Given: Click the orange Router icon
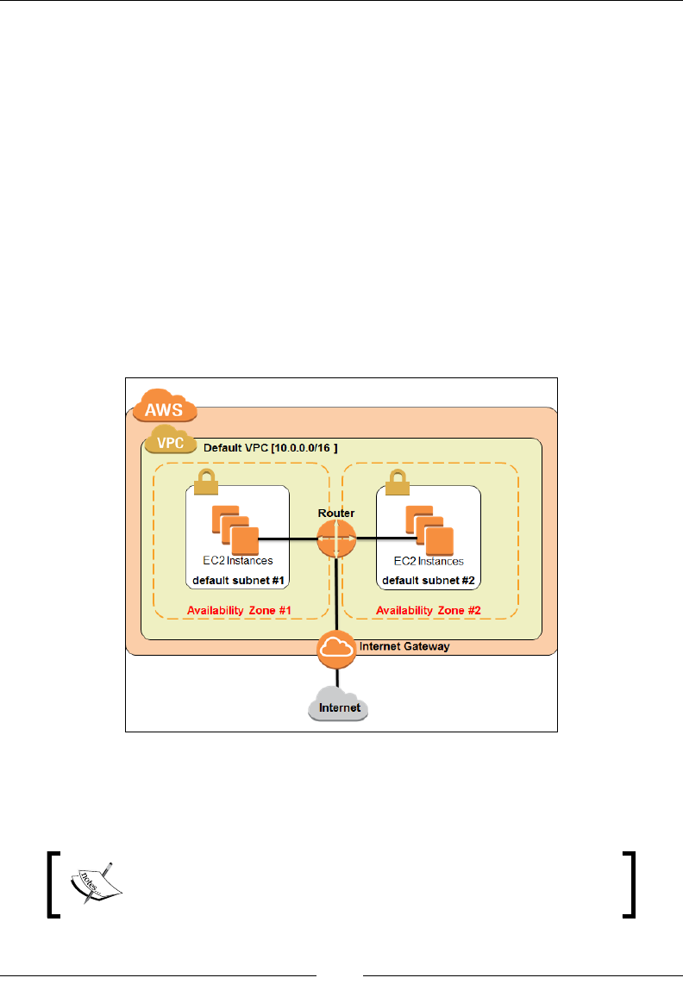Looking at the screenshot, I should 335,540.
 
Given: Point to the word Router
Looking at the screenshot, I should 335,513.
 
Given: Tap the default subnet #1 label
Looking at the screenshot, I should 237,579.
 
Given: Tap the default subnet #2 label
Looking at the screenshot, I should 429,579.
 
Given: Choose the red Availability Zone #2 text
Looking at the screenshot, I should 429,611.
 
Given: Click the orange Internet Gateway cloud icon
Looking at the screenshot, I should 335,650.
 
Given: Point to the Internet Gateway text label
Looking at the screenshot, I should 404,645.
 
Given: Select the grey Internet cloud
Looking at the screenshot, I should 338,706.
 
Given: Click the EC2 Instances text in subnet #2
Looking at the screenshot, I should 429,561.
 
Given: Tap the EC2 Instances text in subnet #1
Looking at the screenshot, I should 236,561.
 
